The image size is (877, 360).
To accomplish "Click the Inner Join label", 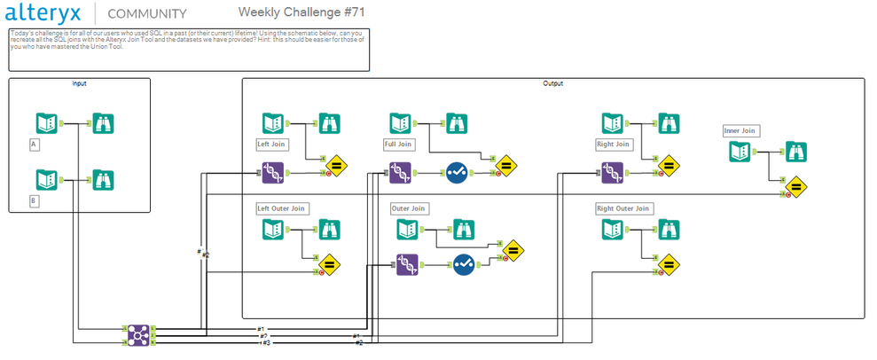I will click(x=740, y=131).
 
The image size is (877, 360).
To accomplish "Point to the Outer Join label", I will click(x=409, y=208).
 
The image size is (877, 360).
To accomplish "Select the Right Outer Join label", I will click(x=624, y=208).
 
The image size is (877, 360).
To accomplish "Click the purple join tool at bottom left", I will click(x=137, y=333).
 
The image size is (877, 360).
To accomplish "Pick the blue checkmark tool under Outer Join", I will click(x=465, y=263).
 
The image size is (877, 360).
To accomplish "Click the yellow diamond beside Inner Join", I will click(x=795, y=187).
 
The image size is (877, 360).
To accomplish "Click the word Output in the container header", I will click(x=552, y=83).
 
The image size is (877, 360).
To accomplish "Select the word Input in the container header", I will click(x=79, y=83).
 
